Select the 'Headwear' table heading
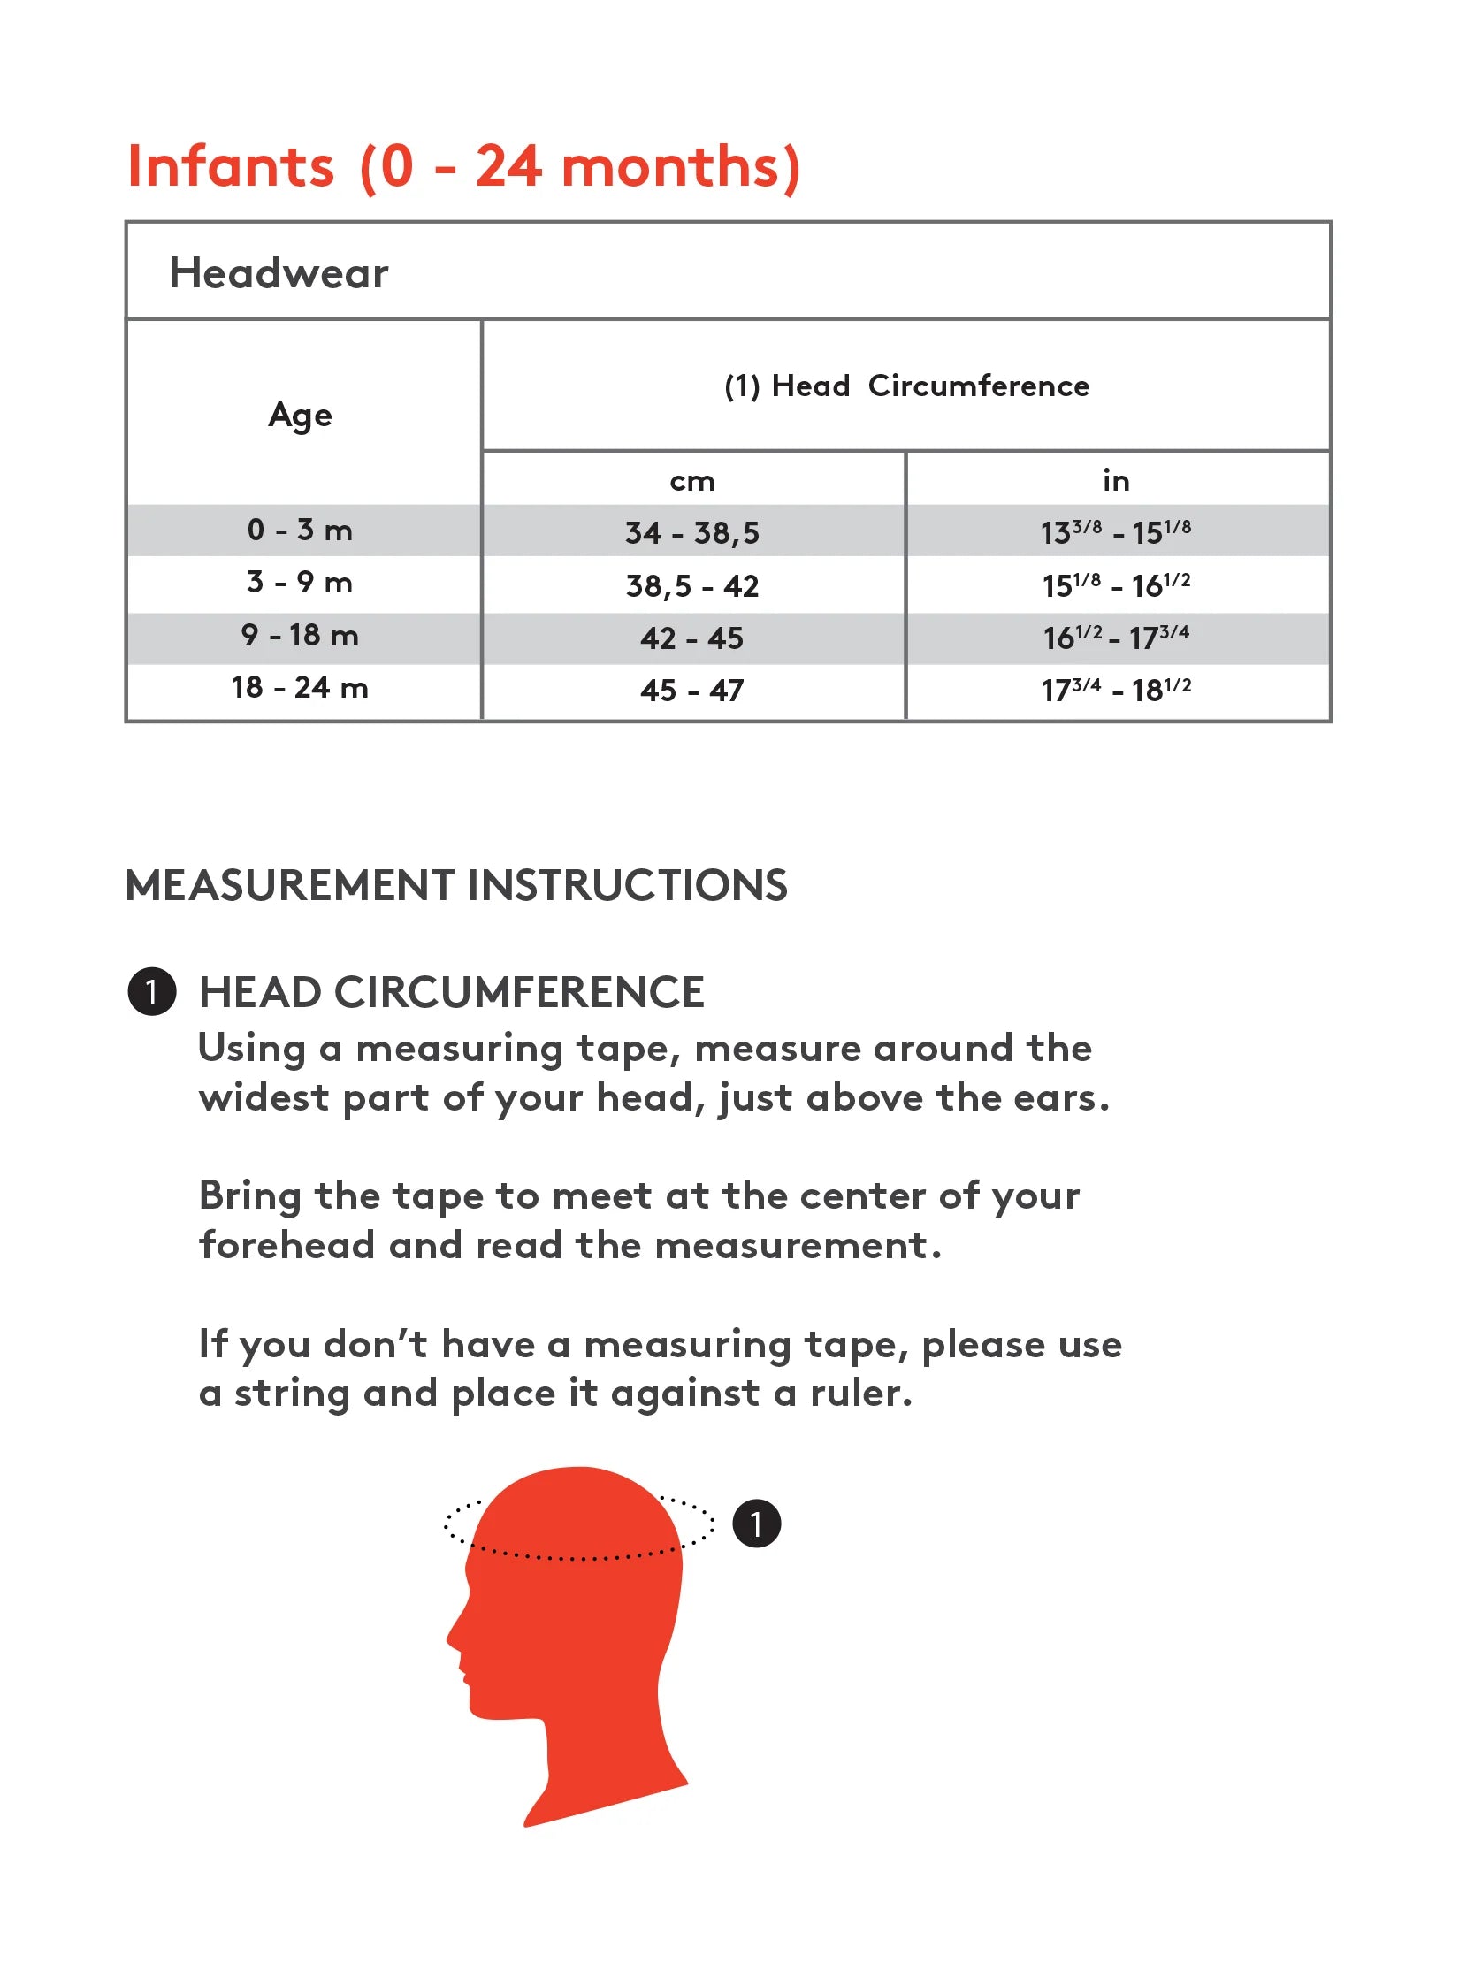(x=279, y=272)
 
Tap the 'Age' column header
(x=301, y=415)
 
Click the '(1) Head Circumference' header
(x=906, y=386)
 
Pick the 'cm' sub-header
(x=692, y=481)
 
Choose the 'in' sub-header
(x=1116, y=480)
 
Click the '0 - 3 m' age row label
(x=300, y=530)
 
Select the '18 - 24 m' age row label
(x=300, y=687)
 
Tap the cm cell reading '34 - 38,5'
(x=692, y=532)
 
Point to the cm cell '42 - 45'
(x=692, y=638)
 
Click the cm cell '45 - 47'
(x=692, y=690)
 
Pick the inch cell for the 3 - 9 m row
(x=1116, y=584)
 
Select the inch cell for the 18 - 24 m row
(x=1116, y=689)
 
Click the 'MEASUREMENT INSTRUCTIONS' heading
(x=456, y=885)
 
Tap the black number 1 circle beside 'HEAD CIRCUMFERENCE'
(x=152, y=991)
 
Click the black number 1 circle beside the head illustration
(x=757, y=1524)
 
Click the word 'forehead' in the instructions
(x=287, y=1245)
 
